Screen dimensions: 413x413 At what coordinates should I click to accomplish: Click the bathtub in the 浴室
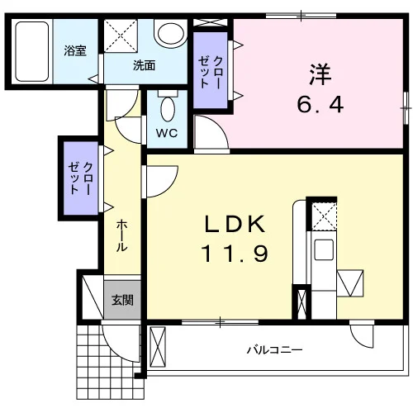(32, 51)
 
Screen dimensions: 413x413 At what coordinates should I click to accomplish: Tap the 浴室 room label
(75, 50)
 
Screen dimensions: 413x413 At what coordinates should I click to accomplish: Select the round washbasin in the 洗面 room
(171, 35)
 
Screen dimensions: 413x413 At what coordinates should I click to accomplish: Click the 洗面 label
(145, 66)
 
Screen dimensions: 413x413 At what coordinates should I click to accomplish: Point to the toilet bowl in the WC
(168, 109)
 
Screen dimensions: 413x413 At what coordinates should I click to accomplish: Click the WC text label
(167, 133)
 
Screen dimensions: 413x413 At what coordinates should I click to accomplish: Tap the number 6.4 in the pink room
(320, 105)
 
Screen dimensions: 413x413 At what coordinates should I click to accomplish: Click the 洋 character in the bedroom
(320, 74)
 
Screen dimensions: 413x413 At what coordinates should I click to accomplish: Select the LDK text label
(235, 224)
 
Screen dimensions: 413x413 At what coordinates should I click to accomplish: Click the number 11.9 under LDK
(235, 254)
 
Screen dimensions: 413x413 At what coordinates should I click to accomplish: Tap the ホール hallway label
(121, 235)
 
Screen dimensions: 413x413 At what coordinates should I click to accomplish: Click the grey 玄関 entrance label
(122, 300)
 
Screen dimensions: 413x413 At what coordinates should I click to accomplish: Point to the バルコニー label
(274, 350)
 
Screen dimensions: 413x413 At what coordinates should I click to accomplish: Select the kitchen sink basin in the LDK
(324, 250)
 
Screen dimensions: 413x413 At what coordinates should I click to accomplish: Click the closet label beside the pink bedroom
(211, 72)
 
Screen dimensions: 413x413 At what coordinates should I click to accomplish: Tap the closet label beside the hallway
(80, 178)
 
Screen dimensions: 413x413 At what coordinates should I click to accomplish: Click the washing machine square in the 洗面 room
(121, 36)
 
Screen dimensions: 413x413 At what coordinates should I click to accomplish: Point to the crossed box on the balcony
(158, 347)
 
